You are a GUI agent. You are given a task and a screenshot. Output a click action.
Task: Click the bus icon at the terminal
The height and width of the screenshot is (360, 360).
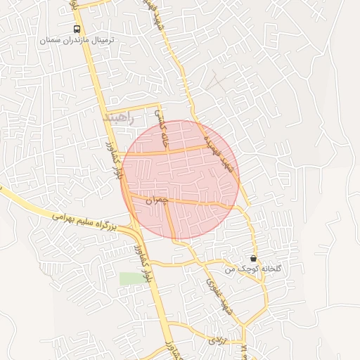[77, 29]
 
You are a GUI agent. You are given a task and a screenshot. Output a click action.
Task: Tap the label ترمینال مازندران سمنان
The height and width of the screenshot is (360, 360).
[77, 41]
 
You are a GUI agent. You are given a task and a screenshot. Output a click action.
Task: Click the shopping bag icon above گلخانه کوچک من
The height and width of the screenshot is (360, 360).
[253, 258]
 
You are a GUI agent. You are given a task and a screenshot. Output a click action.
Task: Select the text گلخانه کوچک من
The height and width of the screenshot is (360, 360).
[253, 269]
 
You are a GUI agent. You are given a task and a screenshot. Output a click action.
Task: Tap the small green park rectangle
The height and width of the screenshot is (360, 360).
[130, 278]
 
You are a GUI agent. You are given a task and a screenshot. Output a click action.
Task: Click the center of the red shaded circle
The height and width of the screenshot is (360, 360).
[181, 179]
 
